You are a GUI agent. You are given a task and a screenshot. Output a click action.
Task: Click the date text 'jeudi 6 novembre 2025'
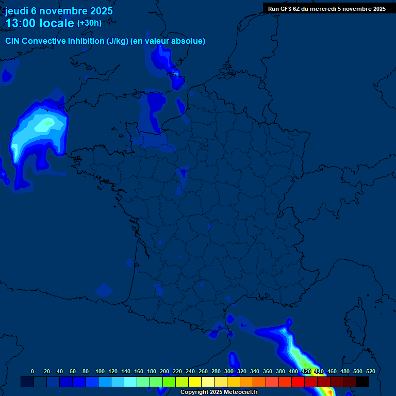tap(59, 11)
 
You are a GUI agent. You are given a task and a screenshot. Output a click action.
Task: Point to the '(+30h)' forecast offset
tap(89, 23)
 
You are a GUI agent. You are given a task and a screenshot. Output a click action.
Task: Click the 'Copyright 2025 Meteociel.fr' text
tap(219, 392)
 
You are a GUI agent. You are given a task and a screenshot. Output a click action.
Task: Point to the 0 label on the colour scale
tap(32, 371)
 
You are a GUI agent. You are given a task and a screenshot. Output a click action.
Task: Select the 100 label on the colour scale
tap(100, 371)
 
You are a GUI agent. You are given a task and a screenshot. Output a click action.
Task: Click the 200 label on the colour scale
tap(164, 371)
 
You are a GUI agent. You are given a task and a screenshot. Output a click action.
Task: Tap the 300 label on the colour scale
tap(229, 371)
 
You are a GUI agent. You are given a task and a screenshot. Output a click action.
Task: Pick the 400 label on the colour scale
tap(293, 371)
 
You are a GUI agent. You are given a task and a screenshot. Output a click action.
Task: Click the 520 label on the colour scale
tap(370, 371)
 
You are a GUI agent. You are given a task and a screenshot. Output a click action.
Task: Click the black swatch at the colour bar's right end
tap(362, 382)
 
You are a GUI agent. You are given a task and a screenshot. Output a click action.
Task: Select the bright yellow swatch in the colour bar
tap(194, 382)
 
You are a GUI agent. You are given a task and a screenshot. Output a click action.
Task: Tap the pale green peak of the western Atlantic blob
tap(48, 123)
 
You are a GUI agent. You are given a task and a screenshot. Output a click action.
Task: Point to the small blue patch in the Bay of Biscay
tap(104, 290)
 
